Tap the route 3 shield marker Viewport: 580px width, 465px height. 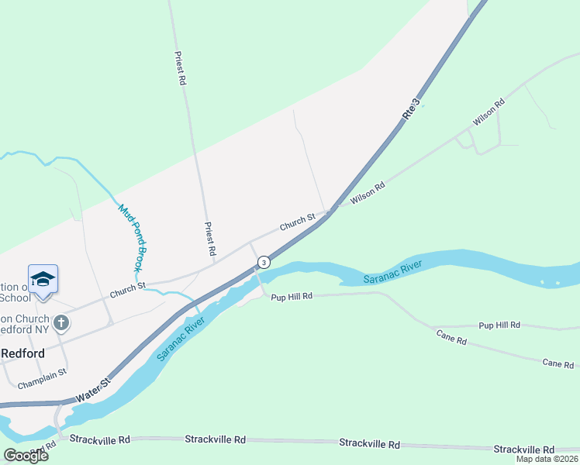264,263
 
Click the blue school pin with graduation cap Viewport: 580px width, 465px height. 43,280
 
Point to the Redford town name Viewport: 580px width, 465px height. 22,353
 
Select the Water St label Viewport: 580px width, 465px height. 95,390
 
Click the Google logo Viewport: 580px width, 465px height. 26,455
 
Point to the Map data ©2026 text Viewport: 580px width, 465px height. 547,459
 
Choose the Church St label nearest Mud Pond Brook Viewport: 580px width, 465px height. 127,291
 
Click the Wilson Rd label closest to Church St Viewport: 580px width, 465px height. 368,193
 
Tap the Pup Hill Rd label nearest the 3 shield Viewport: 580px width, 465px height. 292,296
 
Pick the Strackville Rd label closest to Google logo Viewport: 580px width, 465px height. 99,439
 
